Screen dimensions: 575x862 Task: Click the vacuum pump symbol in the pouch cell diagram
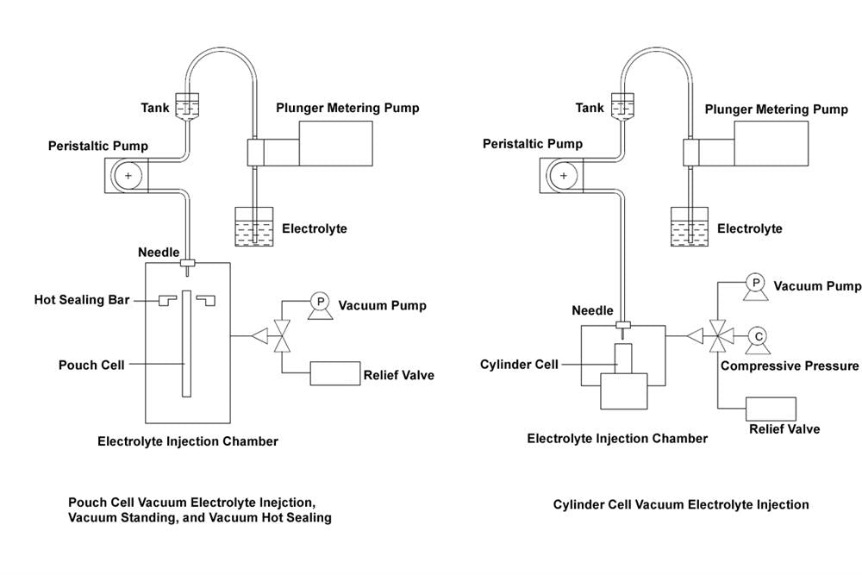pos(320,302)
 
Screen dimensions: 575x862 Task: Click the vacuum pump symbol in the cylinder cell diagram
pos(755,284)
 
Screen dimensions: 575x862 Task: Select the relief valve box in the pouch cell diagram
pos(334,374)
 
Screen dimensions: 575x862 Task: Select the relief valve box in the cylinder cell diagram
pos(770,409)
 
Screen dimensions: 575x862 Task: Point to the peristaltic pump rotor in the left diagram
pos(128,176)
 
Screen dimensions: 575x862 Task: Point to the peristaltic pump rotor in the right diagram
pos(564,176)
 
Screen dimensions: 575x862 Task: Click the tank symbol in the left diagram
pos(186,106)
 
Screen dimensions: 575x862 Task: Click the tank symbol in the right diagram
pos(622,106)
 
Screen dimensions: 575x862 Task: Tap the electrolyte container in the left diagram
pos(253,226)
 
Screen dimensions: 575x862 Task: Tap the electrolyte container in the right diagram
pos(689,226)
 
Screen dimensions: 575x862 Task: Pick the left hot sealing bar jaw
pos(167,299)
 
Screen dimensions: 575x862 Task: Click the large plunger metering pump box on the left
pos(335,142)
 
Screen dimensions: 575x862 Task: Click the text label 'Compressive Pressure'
pos(790,366)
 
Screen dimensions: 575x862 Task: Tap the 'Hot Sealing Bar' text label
pos(82,300)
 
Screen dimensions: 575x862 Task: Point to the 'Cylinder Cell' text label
pos(519,365)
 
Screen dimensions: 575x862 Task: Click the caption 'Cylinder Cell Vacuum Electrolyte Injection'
pos(681,504)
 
